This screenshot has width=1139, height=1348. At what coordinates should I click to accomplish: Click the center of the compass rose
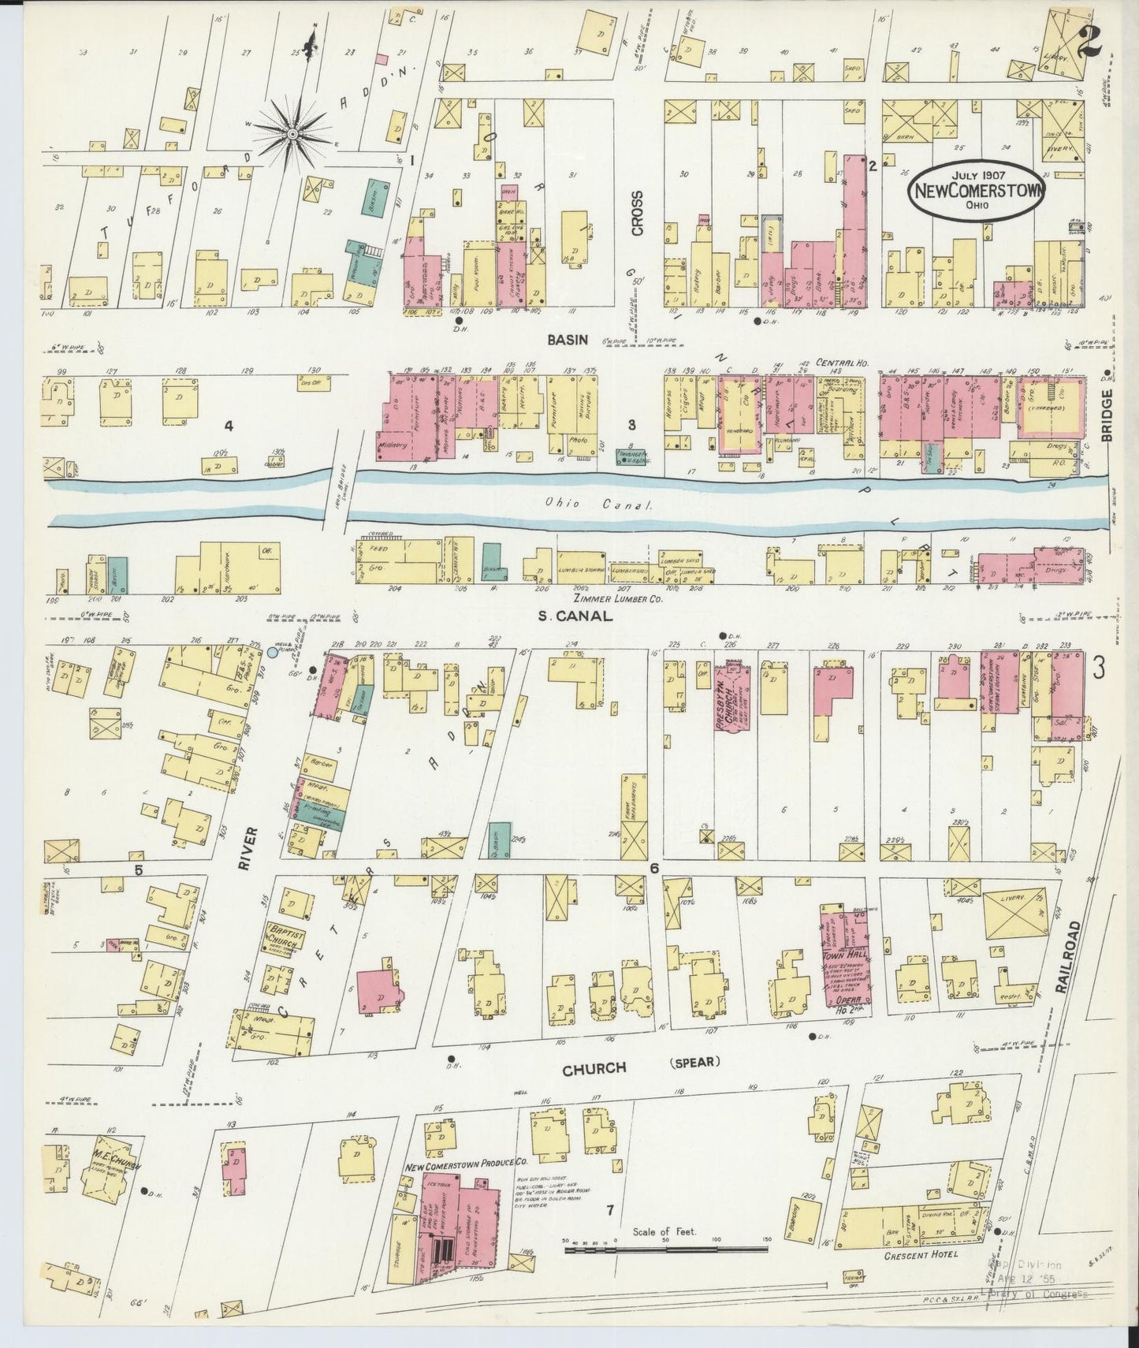pyautogui.click(x=292, y=135)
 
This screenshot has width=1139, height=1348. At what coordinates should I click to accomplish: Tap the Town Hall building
pyautogui.click(x=847, y=956)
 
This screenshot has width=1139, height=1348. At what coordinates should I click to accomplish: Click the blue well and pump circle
pyautogui.click(x=273, y=652)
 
